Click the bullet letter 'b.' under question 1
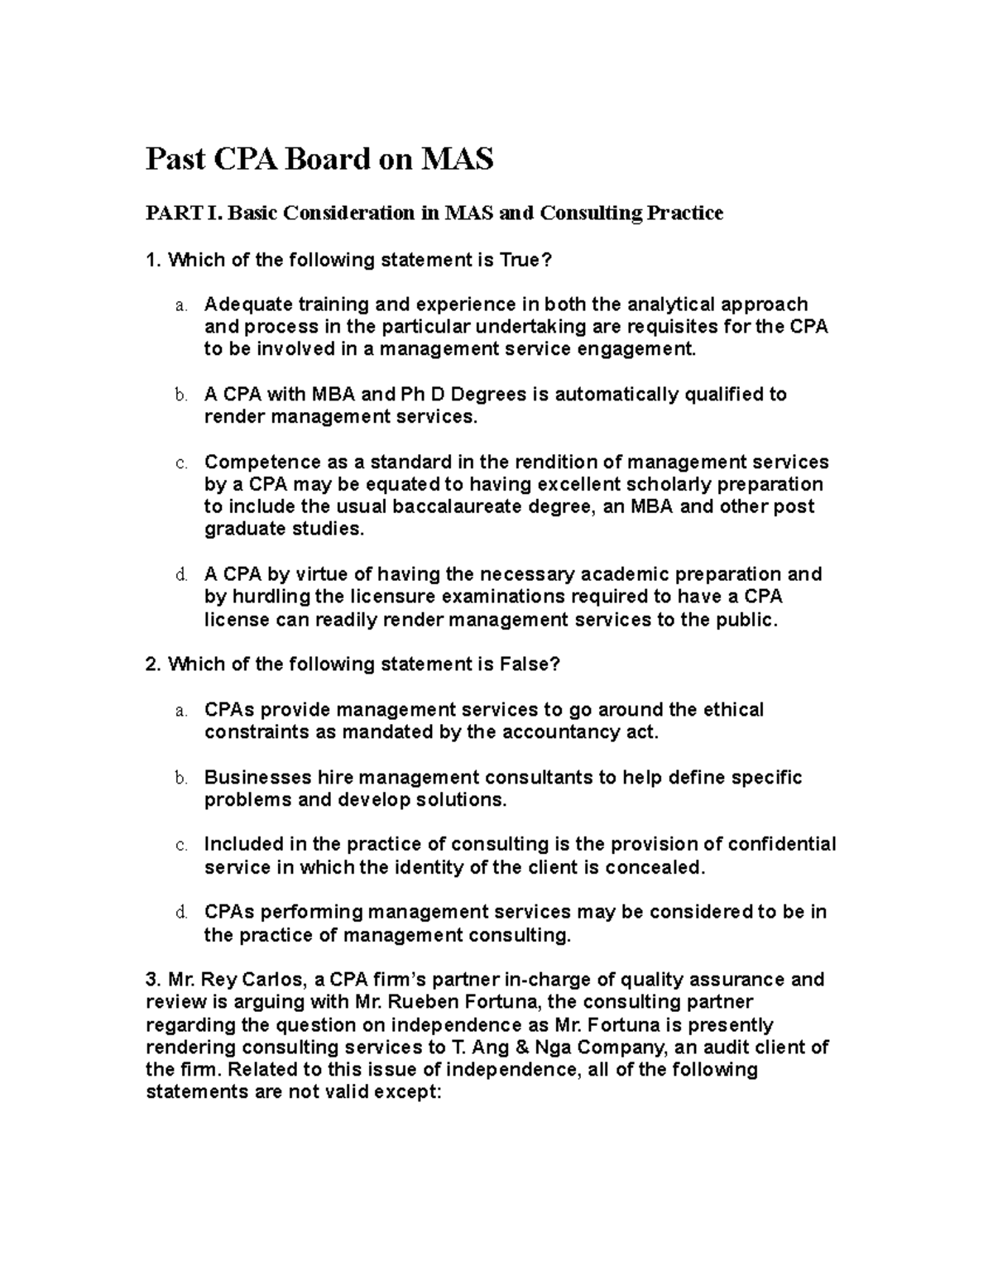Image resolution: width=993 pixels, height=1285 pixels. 181,396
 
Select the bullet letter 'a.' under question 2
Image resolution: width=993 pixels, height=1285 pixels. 181,711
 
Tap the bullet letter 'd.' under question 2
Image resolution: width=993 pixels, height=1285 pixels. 181,913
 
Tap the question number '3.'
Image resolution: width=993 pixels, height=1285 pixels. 153,980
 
